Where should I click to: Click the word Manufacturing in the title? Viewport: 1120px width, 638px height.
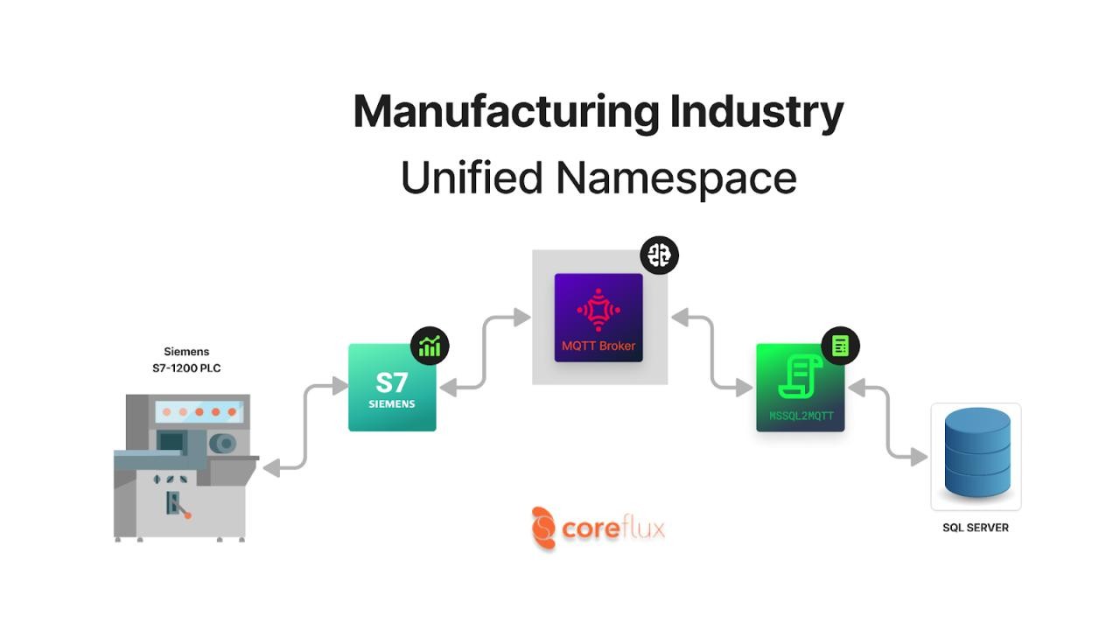pos(506,112)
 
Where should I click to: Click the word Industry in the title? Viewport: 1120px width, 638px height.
pos(756,112)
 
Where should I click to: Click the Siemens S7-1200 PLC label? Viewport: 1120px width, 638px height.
pos(186,360)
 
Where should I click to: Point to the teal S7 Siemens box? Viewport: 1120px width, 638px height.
pos(392,388)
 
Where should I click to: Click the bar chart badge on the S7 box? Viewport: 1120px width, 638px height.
pos(430,347)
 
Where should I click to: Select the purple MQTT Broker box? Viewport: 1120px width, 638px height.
pos(598,318)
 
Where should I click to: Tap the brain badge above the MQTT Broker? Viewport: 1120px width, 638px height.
pos(659,255)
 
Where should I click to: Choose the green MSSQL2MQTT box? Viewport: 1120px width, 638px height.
pos(800,388)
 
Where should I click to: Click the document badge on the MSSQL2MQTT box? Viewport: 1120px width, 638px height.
pos(840,347)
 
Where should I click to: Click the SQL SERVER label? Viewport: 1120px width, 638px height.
pos(975,528)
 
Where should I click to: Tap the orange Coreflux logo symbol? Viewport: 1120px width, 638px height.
pos(543,528)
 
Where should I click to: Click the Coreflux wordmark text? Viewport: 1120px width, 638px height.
pos(613,529)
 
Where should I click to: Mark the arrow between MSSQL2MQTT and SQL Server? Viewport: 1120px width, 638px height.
pos(888,421)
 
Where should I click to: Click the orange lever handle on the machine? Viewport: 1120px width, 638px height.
pos(186,515)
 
